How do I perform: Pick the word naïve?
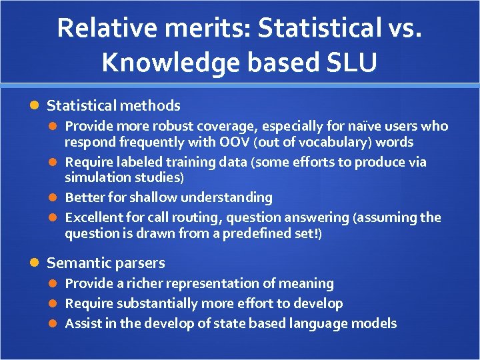click(353, 126)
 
